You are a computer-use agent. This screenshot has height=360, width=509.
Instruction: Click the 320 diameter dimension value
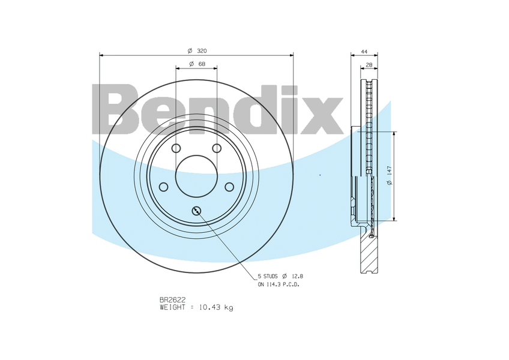coord(202,50)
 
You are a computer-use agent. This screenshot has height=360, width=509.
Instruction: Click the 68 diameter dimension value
coord(202,64)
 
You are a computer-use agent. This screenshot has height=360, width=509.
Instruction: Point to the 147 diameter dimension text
coord(389,176)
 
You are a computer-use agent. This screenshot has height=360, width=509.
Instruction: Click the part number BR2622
coord(173,299)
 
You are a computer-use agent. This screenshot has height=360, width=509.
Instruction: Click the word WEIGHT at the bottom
coord(173,307)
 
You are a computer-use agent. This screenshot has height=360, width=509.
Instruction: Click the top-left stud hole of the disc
coord(176,148)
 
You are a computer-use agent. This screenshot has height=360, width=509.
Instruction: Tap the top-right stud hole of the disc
coord(217,148)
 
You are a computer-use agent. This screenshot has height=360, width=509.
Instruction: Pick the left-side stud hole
coord(163,187)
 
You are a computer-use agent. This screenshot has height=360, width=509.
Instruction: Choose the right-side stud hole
coord(229,187)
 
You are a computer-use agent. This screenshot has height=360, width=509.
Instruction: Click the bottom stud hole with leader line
coord(196,210)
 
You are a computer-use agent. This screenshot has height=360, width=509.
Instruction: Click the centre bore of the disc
coord(196,176)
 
